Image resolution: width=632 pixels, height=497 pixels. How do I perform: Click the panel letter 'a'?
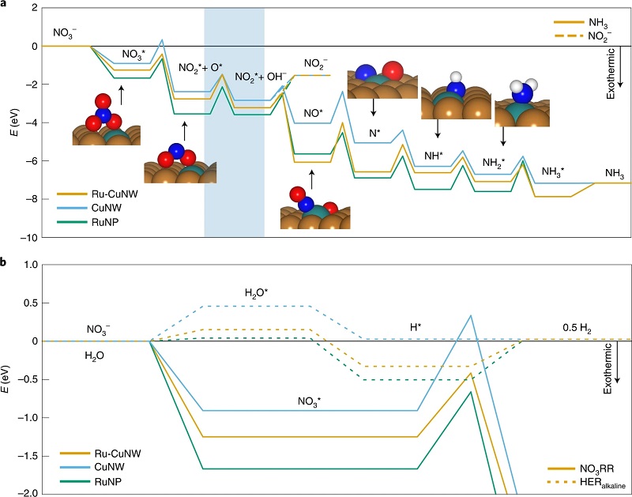[x=5, y=5]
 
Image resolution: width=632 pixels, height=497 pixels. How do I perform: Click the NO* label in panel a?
[x=314, y=113]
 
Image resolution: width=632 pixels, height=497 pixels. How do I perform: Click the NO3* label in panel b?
[x=309, y=401]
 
